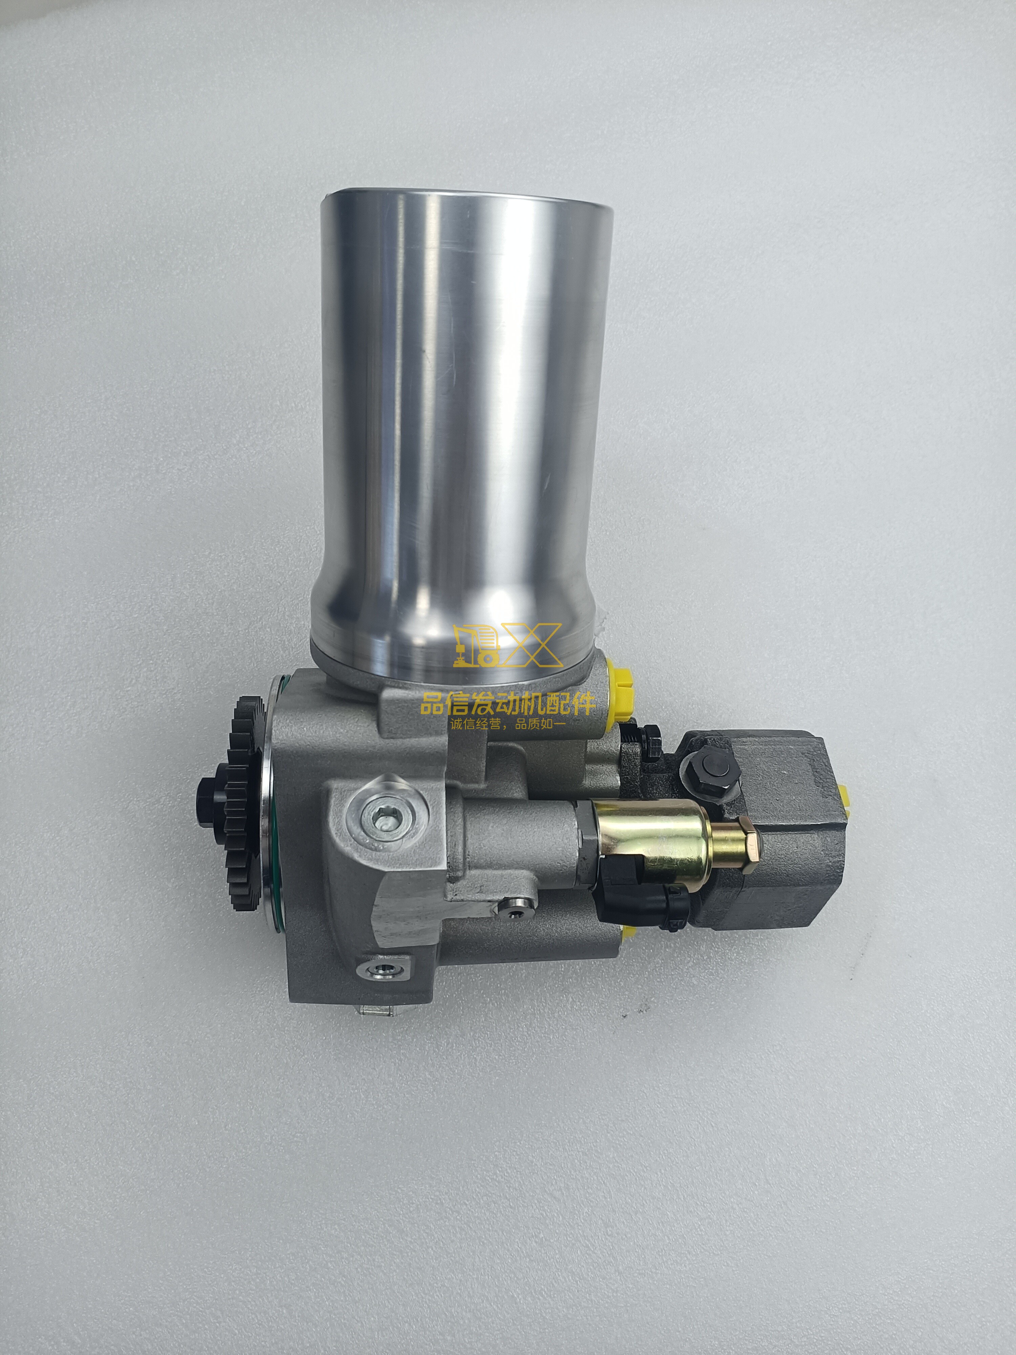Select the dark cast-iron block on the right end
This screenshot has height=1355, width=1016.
790,845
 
